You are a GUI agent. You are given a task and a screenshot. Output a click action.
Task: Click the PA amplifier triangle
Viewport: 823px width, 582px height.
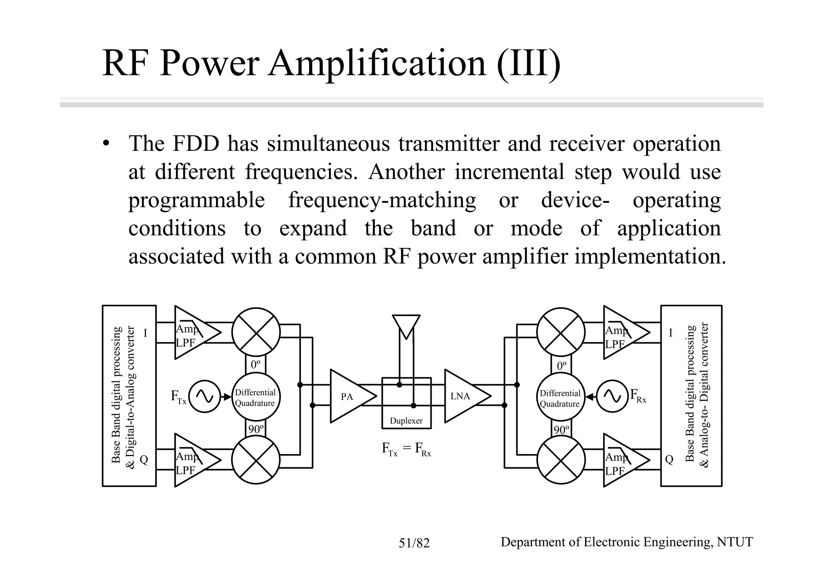tap(350, 397)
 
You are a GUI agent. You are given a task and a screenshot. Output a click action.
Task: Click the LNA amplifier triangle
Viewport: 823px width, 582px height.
tap(464, 397)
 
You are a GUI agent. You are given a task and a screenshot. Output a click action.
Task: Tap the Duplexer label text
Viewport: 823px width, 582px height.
tap(406, 421)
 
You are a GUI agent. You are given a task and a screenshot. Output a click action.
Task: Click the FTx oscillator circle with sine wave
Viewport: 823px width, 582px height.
tap(205, 397)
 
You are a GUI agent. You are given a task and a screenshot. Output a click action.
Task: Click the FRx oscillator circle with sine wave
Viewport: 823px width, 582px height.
tap(612, 397)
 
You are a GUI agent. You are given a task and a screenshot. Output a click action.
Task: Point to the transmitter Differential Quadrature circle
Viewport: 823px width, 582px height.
tap(256, 397)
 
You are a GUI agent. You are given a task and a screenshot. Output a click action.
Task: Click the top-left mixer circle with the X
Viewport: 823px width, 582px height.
tap(256, 332)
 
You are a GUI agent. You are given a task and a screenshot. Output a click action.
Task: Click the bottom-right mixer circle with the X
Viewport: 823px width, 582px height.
tap(561, 460)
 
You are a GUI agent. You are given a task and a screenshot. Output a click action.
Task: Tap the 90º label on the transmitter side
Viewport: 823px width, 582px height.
tap(256, 430)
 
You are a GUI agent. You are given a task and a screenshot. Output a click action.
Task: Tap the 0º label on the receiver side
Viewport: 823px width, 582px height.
tap(561, 366)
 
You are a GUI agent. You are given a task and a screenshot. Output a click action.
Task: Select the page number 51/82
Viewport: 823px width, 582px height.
tap(414, 543)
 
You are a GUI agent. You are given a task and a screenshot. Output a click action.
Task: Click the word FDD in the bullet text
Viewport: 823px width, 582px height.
tap(195, 144)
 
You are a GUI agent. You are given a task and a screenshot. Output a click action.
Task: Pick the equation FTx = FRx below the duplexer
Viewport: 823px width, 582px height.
tap(406, 449)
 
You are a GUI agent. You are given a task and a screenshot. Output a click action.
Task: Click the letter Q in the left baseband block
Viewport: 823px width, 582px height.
tap(143, 460)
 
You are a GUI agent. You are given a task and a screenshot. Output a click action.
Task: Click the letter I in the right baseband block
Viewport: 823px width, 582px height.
tap(670, 333)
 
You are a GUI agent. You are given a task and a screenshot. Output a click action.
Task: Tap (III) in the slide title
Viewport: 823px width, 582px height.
tap(528, 64)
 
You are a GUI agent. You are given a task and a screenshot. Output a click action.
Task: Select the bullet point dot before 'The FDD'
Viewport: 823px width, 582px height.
tap(106, 144)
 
